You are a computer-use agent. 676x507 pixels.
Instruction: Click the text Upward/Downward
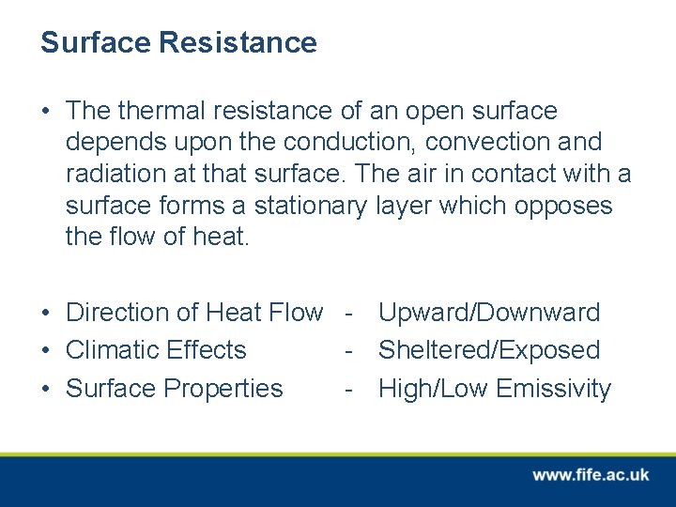(x=488, y=312)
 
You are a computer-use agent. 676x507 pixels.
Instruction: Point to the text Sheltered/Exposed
(x=488, y=350)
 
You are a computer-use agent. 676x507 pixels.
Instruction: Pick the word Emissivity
(x=553, y=389)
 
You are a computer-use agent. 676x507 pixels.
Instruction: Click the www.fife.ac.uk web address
(x=591, y=475)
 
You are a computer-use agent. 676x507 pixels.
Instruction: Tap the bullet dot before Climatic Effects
(x=46, y=351)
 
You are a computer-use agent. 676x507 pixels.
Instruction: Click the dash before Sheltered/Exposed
(x=348, y=350)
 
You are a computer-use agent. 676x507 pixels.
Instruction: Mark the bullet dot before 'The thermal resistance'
(x=46, y=112)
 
